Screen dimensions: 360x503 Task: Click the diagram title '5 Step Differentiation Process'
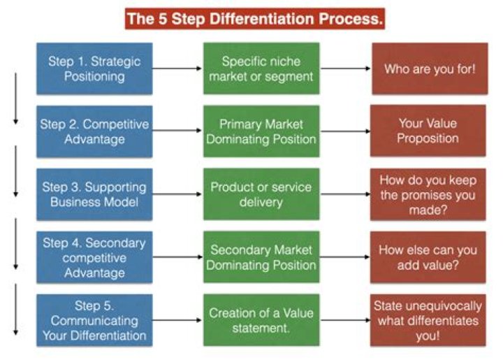click(x=255, y=19)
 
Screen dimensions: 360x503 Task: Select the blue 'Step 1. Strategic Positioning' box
click(x=94, y=69)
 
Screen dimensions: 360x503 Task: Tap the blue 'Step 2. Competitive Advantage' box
click(x=94, y=131)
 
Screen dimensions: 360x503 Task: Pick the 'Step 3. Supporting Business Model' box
click(x=94, y=194)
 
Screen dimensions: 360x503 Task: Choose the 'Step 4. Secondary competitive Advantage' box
click(x=94, y=257)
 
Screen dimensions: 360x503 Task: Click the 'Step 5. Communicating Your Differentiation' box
click(x=94, y=320)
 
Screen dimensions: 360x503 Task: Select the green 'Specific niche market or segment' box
click(x=261, y=69)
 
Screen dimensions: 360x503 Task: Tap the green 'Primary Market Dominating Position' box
click(x=261, y=131)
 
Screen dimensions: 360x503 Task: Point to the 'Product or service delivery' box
click(x=261, y=194)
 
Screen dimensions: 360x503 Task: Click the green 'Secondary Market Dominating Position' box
click(x=261, y=257)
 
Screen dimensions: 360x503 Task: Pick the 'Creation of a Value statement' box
click(x=261, y=320)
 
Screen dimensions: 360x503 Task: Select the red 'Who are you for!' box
click(x=428, y=69)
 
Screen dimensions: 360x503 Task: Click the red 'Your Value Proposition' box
click(x=428, y=131)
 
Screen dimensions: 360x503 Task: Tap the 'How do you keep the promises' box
click(x=428, y=194)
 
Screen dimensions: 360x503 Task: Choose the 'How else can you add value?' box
click(x=428, y=257)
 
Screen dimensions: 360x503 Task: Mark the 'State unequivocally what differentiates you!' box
click(x=428, y=320)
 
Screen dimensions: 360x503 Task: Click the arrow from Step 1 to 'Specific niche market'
click(x=177, y=69)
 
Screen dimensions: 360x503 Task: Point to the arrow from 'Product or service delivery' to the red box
click(x=345, y=194)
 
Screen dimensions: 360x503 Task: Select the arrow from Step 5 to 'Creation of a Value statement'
click(x=177, y=320)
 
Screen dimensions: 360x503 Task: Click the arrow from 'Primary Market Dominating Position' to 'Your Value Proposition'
click(x=345, y=132)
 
